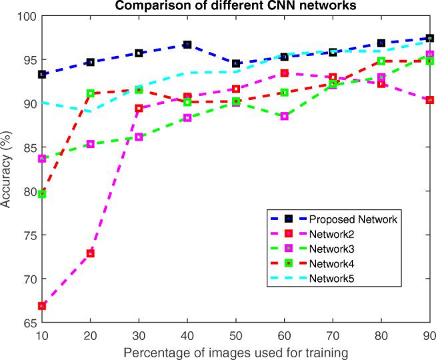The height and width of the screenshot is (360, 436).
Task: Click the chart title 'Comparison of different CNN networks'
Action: click(235, 6)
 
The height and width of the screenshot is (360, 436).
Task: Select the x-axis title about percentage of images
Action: click(235, 349)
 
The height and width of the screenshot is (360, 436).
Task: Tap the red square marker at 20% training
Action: click(91, 253)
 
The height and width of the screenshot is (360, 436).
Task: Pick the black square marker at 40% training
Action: click(187, 45)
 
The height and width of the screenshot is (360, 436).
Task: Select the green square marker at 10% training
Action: click(42, 194)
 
